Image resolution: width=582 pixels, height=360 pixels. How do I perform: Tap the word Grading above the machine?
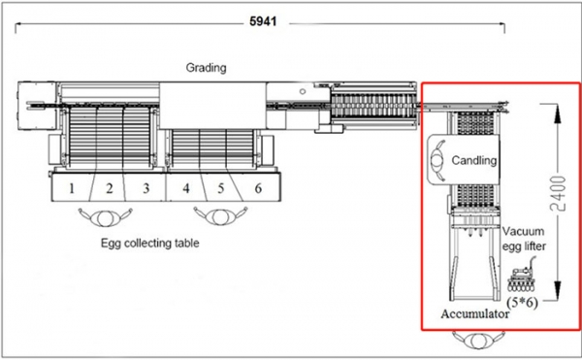pos(206,68)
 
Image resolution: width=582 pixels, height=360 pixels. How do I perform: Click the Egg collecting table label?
pos(150,244)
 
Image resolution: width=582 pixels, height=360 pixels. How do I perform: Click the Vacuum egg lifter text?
pos(525,240)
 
